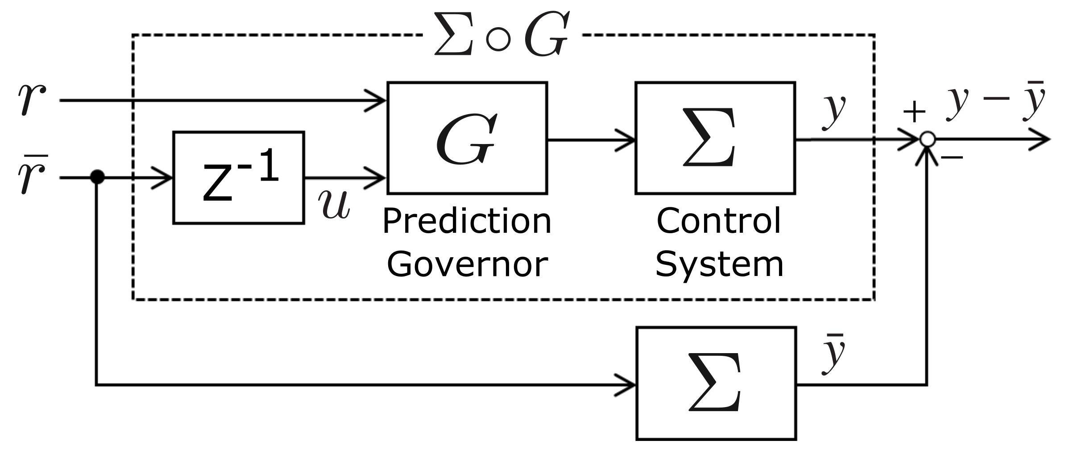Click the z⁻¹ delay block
(x=238, y=177)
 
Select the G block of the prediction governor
(x=467, y=138)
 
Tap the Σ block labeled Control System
(x=715, y=138)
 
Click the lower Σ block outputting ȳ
(x=716, y=383)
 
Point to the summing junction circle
(x=927, y=140)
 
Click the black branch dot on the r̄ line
(x=97, y=177)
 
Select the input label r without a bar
(x=31, y=99)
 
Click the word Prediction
(x=467, y=222)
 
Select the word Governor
(x=467, y=264)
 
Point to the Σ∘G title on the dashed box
(x=502, y=35)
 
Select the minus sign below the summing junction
(x=952, y=157)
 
